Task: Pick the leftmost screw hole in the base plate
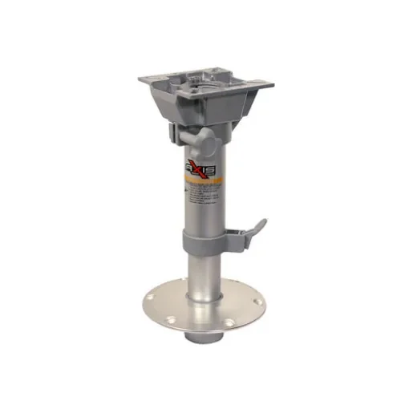click(x=157, y=304)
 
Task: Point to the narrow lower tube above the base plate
click(x=202, y=273)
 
